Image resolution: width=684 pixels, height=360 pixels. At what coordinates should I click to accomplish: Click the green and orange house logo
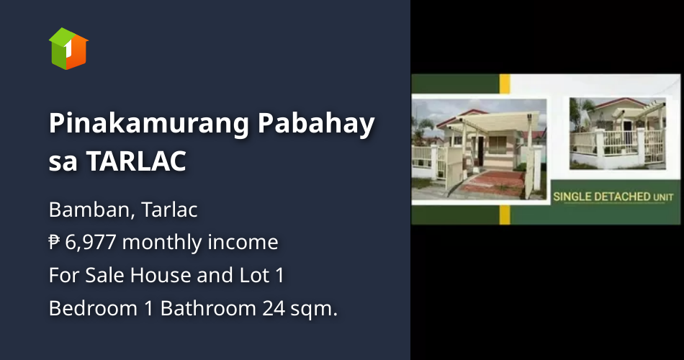pos(68,48)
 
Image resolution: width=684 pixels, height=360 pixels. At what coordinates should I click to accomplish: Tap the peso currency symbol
pos(55,243)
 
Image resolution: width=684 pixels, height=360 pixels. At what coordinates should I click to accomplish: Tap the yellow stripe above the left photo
pos(505,83)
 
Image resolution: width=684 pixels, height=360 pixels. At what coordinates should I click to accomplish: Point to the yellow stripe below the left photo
pos(505,214)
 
